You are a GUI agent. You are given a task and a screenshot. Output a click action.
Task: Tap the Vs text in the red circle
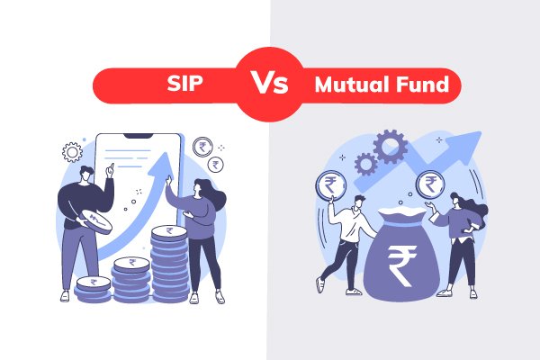pyautogui.click(x=269, y=85)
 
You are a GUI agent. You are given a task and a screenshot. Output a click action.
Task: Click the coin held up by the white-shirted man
pyautogui.click(x=325, y=186)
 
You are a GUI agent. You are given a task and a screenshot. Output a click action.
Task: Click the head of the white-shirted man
pyautogui.click(x=358, y=202)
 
